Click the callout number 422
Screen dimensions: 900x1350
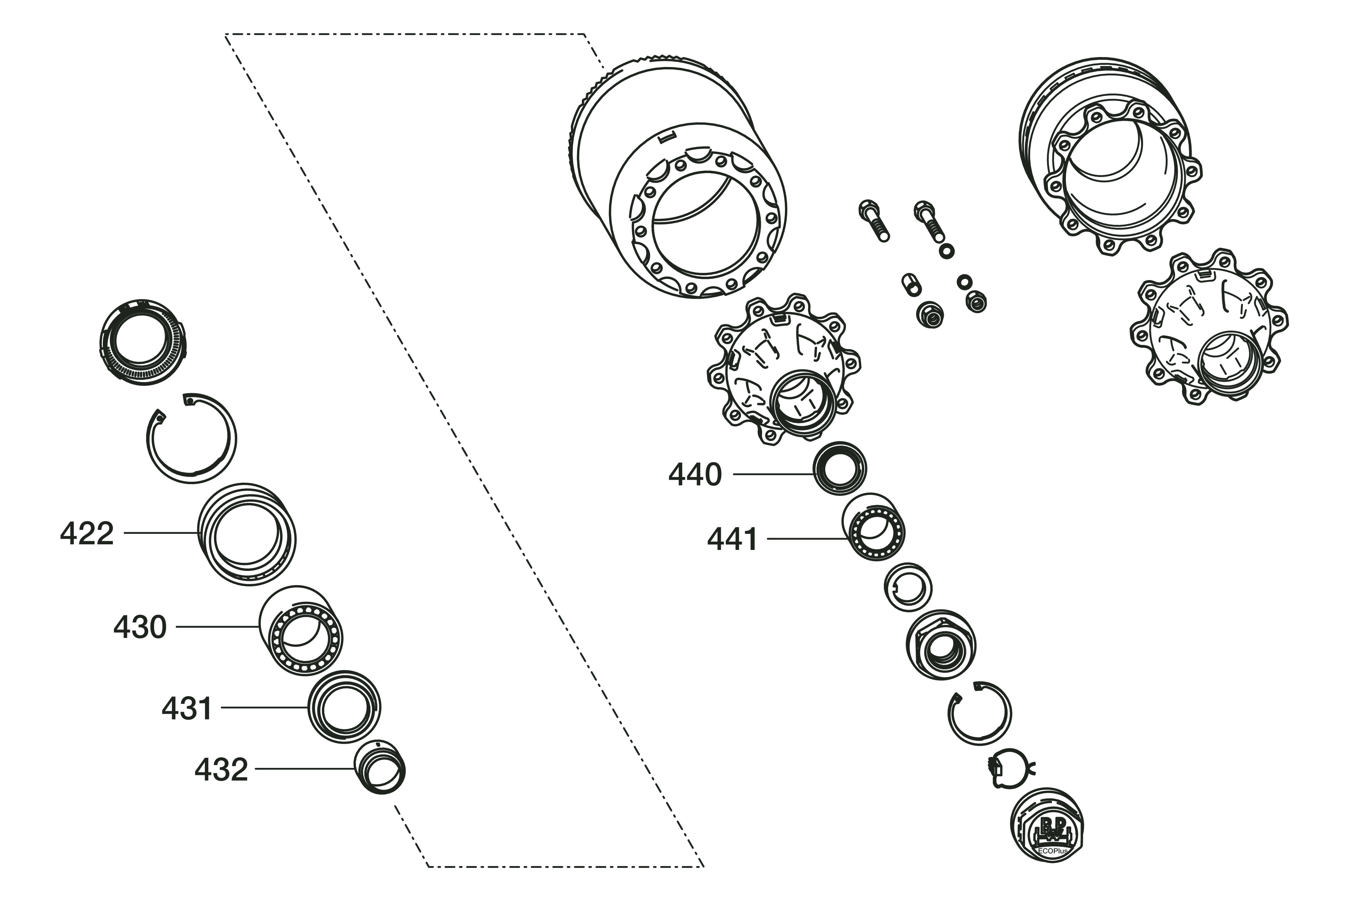coord(87,534)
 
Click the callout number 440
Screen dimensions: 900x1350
coord(695,475)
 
